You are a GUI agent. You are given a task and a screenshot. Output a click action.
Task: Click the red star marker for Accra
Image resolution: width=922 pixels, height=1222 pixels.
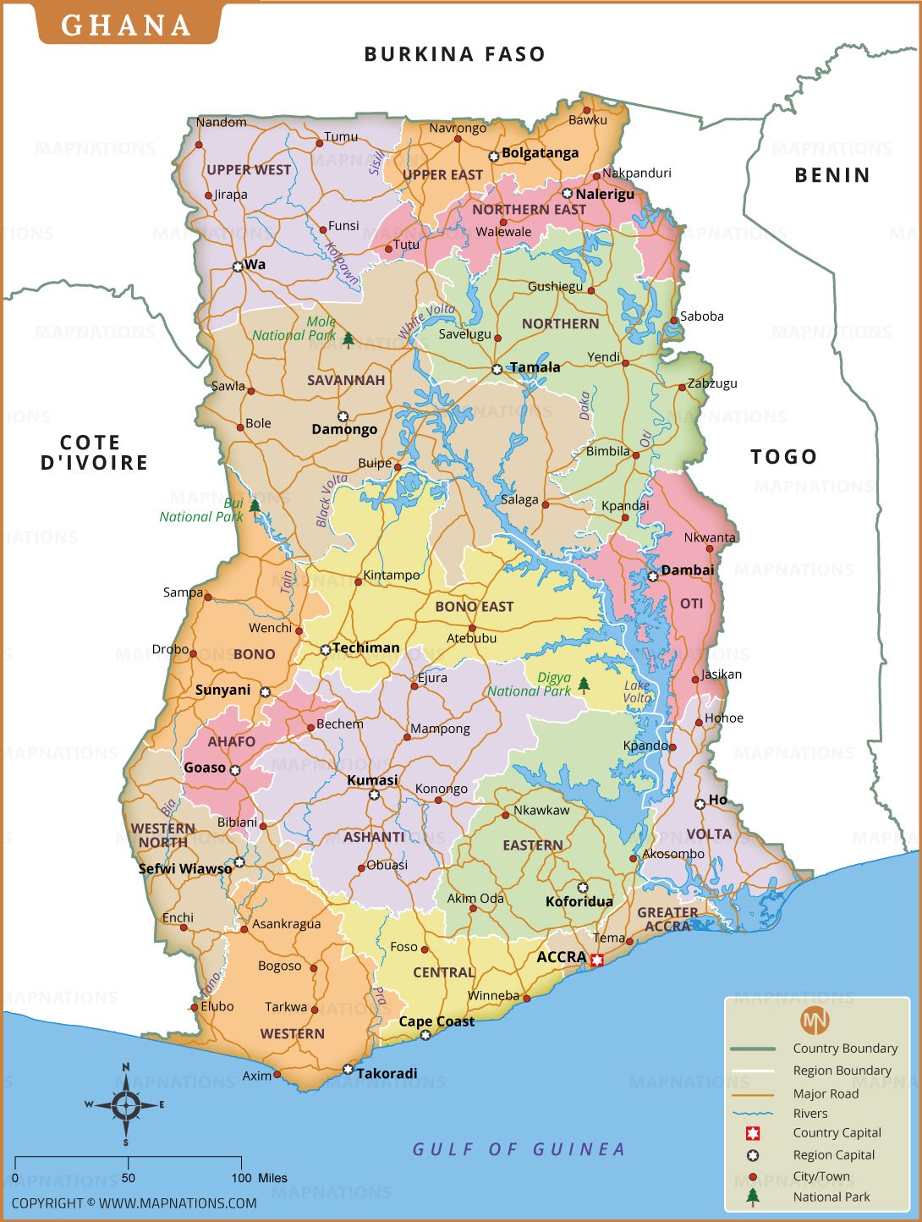click(x=597, y=960)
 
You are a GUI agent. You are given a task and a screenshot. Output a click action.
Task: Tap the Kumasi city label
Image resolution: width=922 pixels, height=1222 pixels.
click(x=372, y=779)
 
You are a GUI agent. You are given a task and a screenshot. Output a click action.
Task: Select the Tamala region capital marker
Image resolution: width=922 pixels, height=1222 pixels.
click(x=497, y=369)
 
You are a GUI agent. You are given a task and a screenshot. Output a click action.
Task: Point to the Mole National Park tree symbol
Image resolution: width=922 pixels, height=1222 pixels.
click(x=348, y=339)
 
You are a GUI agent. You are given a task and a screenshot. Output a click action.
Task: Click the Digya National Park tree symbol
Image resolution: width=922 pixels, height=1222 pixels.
click(x=583, y=684)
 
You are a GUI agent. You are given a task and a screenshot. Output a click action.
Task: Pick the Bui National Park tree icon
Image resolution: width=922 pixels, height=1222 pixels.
click(x=255, y=505)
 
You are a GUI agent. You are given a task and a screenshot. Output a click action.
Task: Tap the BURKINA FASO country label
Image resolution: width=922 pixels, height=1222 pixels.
click(x=454, y=54)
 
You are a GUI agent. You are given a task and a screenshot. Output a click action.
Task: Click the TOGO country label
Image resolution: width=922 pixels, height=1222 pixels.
click(x=783, y=457)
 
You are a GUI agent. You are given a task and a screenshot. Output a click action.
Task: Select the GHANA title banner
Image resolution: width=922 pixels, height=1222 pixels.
click(x=127, y=25)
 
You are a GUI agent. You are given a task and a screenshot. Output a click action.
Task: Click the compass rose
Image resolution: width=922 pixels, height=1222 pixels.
click(x=126, y=1104)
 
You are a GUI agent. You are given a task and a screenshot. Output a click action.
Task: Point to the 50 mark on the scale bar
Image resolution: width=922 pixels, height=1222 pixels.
click(x=128, y=1177)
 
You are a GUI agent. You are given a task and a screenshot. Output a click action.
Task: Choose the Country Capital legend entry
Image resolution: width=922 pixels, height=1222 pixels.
click(x=836, y=1133)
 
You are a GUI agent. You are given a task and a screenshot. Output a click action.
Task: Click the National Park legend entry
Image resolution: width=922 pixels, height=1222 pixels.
click(x=831, y=1197)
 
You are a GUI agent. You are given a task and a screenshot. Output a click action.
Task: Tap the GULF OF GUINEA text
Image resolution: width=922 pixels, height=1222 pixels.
click(x=519, y=1149)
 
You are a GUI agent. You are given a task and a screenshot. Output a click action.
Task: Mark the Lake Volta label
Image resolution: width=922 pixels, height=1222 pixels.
click(x=637, y=691)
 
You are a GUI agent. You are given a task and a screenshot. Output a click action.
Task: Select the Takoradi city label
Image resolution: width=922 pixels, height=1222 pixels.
click(x=387, y=1073)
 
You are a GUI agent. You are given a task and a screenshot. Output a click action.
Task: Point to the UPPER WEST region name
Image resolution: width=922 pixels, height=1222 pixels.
click(x=249, y=170)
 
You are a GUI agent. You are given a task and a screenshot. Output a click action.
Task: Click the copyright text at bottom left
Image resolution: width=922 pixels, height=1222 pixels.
click(x=134, y=1203)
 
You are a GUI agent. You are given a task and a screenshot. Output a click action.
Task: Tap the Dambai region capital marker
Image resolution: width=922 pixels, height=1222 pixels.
click(x=653, y=576)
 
